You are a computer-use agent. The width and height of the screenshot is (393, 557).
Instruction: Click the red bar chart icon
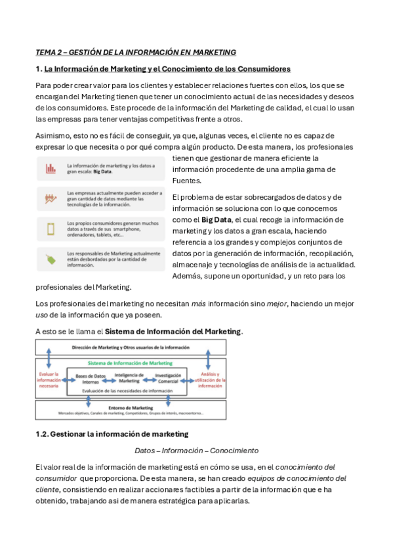click(x=51, y=169)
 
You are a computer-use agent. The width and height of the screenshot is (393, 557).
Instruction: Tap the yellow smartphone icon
click(x=51, y=229)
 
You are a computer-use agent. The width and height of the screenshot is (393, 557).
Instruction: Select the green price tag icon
click(x=51, y=259)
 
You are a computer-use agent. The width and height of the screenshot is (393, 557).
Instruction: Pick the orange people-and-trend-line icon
click(x=51, y=198)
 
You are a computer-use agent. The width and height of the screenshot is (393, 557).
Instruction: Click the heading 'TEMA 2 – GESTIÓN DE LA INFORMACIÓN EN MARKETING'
click(x=135, y=52)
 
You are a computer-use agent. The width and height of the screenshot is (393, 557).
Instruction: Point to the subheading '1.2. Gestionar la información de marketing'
click(x=112, y=434)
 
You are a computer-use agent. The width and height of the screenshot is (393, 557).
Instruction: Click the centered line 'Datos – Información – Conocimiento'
click(x=196, y=451)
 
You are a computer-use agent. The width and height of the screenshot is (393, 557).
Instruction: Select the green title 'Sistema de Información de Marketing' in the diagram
click(x=130, y=363)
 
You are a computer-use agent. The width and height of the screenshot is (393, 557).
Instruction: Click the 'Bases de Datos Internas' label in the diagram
click(x=91, y=378)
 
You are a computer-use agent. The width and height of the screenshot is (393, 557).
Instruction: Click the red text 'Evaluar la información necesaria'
click(x=49, y=379)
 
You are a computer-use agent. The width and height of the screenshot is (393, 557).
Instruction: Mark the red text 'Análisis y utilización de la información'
click(x=211, y=380)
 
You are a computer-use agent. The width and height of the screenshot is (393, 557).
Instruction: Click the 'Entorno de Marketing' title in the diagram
click(x=130, y=407)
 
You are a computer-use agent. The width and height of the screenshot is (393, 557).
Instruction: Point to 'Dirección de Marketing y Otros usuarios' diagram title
click(x=130, y=346)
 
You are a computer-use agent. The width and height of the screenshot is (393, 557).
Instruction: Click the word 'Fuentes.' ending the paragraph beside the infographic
click(x=186, y=181)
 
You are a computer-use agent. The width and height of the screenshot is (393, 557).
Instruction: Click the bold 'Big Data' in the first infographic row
click(x=102, y=171)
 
